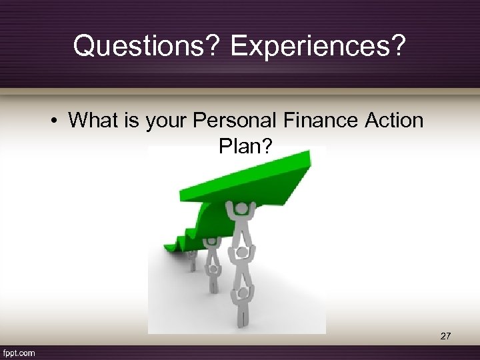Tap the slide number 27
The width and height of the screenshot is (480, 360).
point(445,337)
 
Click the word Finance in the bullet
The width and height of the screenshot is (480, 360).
point(325,121)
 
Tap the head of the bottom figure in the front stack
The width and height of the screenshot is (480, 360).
point(242,292)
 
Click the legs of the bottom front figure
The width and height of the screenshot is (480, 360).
point(241,317)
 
